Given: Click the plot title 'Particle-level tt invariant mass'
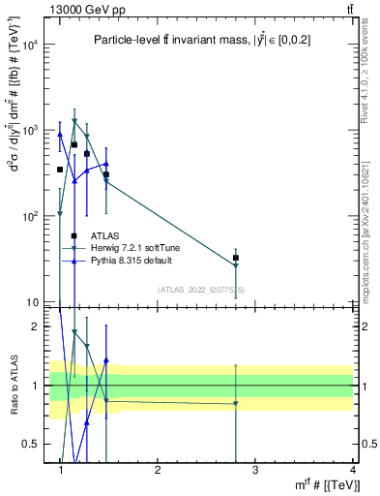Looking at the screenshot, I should [x=202, y=40].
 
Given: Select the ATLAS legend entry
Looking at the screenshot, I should [x=105, y=235].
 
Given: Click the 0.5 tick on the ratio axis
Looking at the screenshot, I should [x=36, y=444].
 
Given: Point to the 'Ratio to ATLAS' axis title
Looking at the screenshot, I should [x=13, y=386].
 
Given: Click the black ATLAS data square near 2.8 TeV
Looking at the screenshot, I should [x=236, y=258].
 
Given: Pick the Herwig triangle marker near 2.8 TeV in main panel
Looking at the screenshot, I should [x=236, y=265].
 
